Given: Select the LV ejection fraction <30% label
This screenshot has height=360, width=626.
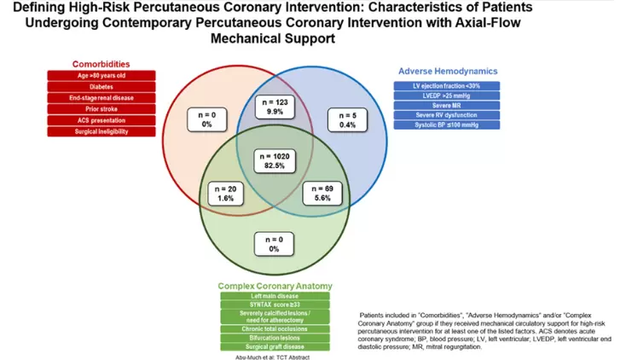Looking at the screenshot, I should click(446, 86).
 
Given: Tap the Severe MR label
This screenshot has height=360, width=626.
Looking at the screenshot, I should click(446, 106).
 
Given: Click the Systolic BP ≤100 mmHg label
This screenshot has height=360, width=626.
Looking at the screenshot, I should click(446, 125).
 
